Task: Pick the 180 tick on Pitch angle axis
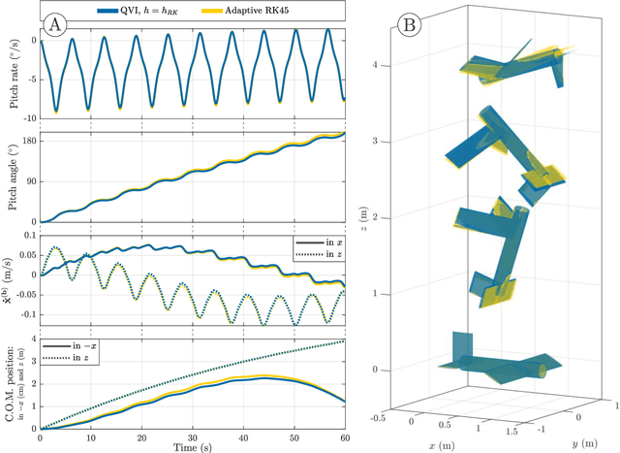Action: click(x=25, y=140)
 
